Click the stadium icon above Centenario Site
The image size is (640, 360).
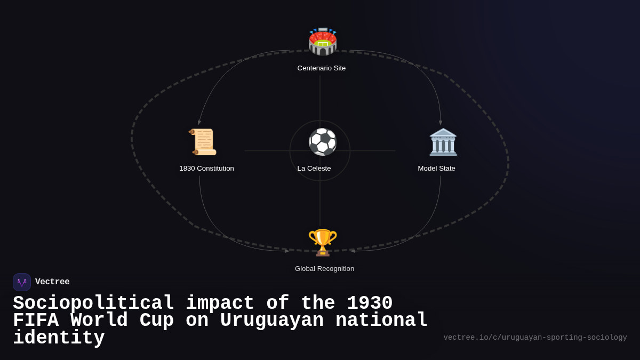[323, 42]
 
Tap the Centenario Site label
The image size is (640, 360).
[322, 68]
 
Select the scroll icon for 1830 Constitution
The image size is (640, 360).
[203, 142]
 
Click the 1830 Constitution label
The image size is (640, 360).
[206, 169]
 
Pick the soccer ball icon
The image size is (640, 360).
[323, 142]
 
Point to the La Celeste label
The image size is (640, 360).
[314, 169]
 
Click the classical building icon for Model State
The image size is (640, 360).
[443, 142]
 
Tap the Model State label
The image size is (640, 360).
[436, 169]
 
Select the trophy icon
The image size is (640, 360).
[323, 242]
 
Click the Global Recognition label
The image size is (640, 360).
[324, 269]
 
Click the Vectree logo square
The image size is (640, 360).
[22, 282]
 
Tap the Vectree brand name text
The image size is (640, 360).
[52, 282]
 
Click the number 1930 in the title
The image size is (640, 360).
[370, 303]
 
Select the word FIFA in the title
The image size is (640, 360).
[35, 321]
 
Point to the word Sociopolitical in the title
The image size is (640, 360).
[93, 303]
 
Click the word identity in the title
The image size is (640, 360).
[59, 338]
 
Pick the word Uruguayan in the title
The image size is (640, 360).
[271, 321]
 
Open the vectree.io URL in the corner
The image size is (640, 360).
[535, 338]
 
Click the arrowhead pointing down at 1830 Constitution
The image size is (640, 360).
[199, 123]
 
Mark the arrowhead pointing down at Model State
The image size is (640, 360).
[441, 123]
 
